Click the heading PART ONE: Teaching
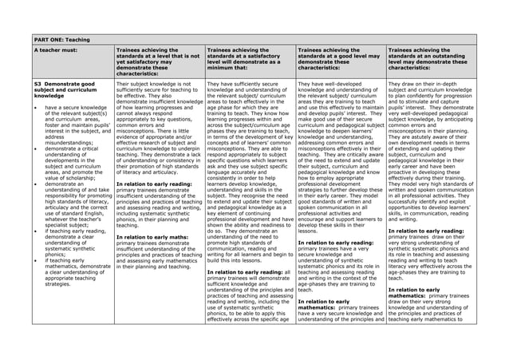tap(62, 38)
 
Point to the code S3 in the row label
tap(38, 83)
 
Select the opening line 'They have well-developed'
tap(328, 83)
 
